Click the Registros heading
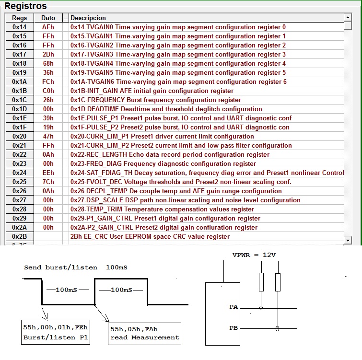25,6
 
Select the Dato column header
48,18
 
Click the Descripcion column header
88,18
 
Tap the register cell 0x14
19,27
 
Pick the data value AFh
48,27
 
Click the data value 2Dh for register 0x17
48,54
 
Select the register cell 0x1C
19,100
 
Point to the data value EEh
48,173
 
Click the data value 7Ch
48,182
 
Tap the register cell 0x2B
19,236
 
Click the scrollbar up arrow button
348,17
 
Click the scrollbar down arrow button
348,240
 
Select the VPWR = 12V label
254,255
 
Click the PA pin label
234,307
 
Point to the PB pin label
234,328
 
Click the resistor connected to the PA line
261,282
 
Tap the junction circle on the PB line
278,328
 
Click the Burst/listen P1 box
56,332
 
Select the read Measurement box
144,334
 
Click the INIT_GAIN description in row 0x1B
152,91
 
